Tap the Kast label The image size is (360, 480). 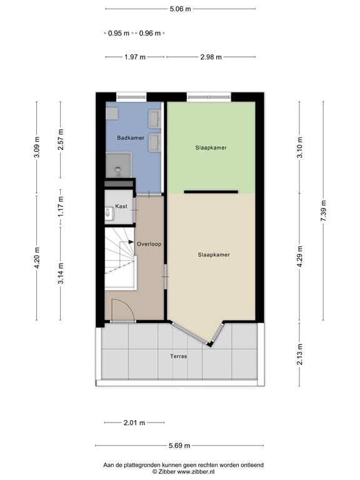[x=121, y=206]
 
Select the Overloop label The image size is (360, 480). [x=150, y=244]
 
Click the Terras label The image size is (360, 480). [x=178, y=356]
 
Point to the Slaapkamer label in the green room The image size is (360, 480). [x=211, y=148]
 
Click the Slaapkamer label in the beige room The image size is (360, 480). [x=213, y=254]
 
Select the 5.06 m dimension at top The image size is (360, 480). [x=180, y=9]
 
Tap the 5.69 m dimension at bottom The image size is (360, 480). [x=180, y=446]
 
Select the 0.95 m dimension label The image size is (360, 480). [x=119, y=33]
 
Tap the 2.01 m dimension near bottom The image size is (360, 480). [x=134, y=423]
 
